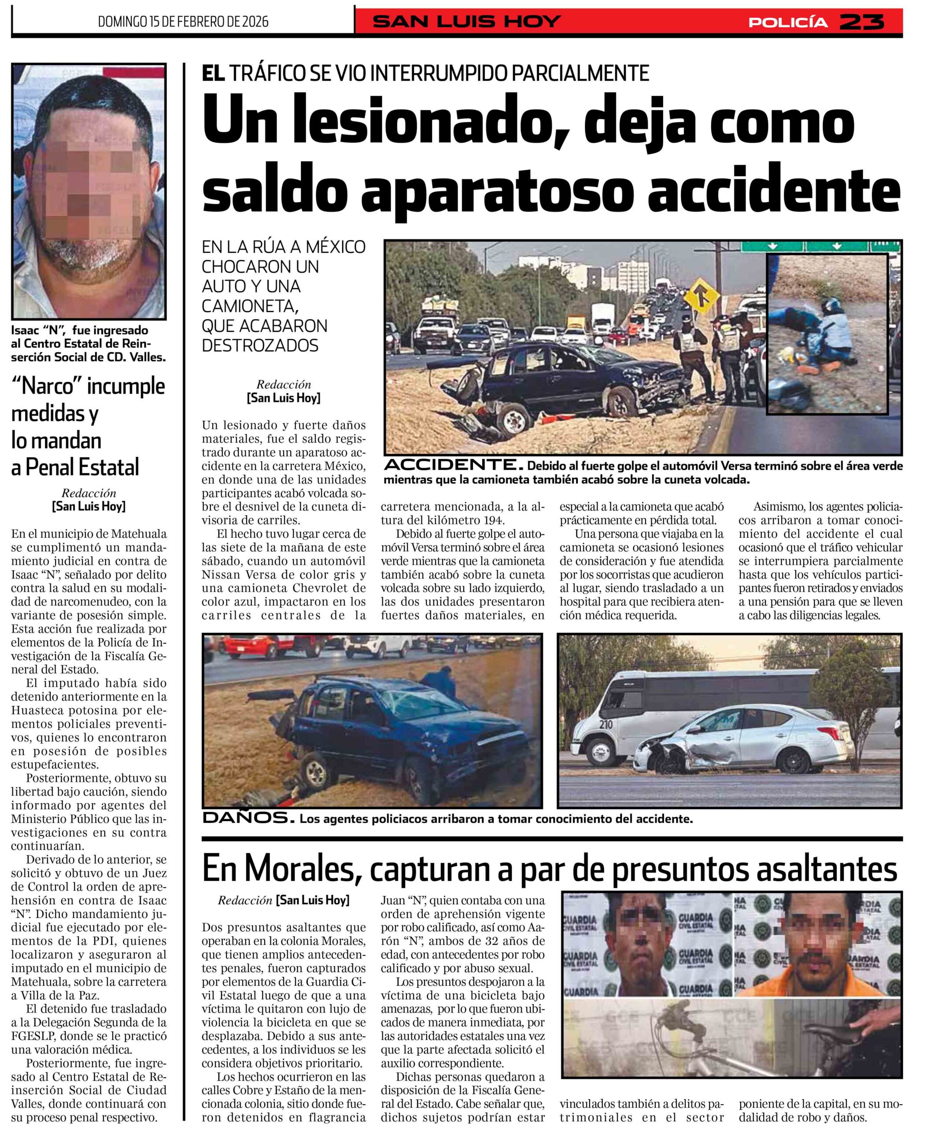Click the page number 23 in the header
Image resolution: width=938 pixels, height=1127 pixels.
861,22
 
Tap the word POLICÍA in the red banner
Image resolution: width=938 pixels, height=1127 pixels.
788,22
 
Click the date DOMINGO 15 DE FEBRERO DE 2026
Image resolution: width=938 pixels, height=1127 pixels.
183,22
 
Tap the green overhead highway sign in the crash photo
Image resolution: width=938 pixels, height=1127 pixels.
820,247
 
